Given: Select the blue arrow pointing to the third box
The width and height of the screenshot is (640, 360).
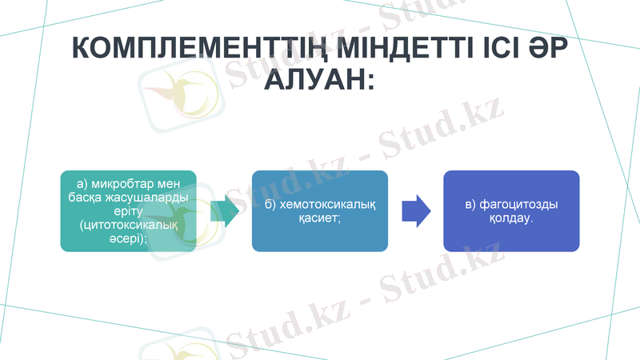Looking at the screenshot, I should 416,210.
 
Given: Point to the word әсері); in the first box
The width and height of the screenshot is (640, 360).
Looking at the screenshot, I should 129,238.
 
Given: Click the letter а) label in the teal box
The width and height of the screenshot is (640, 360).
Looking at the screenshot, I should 83,185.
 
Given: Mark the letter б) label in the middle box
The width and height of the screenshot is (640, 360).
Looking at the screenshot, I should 272,205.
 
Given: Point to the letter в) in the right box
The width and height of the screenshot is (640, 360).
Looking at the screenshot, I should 472,205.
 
